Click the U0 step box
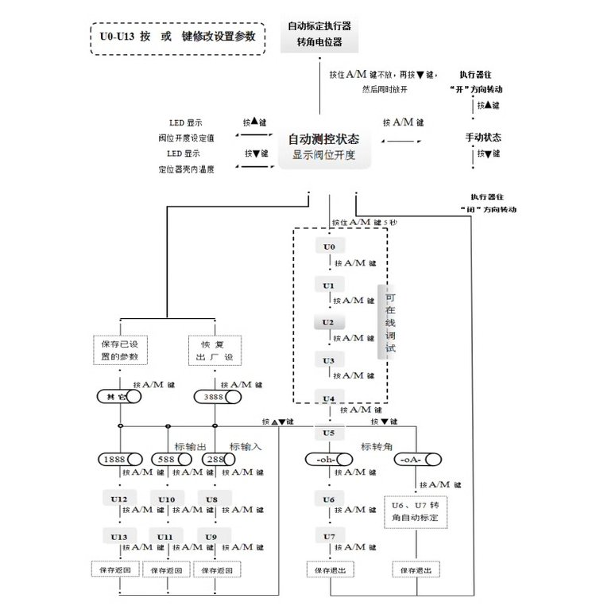[x=329, y=247]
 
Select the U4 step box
[x=329, y=398]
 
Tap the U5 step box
[x=329, y=433]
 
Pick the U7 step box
[x=329, y=537]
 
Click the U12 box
[x=120, y=499]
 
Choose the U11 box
[x=165, y=537]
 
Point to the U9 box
[x=211, y=537]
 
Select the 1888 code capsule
[x=120, y=460]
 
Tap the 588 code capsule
[x=169, y=460]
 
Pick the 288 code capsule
[x=216, y=460]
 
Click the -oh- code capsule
[x=328, y=460]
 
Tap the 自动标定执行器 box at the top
[x=319, y=33]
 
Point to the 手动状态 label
[x=483, y=138]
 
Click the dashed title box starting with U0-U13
[x=177, y=38]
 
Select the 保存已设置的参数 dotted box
[x=120, y=351]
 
